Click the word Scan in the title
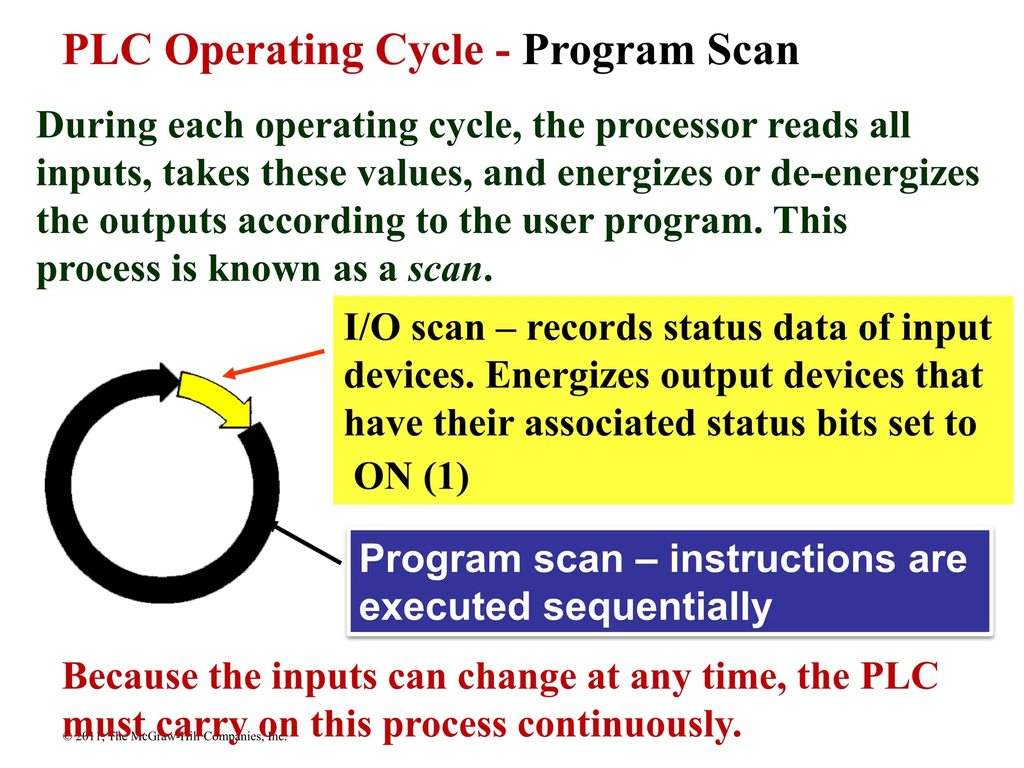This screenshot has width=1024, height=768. [x=753, y=51]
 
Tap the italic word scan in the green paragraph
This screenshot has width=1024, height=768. [x=445, y=270]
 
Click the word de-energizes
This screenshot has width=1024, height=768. [x=875, y=174]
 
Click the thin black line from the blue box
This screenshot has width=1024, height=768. [x=307, y=544]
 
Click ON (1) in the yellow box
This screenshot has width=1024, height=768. [x=411, y=476]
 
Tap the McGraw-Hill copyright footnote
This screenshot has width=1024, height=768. [x=175, y=736]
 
